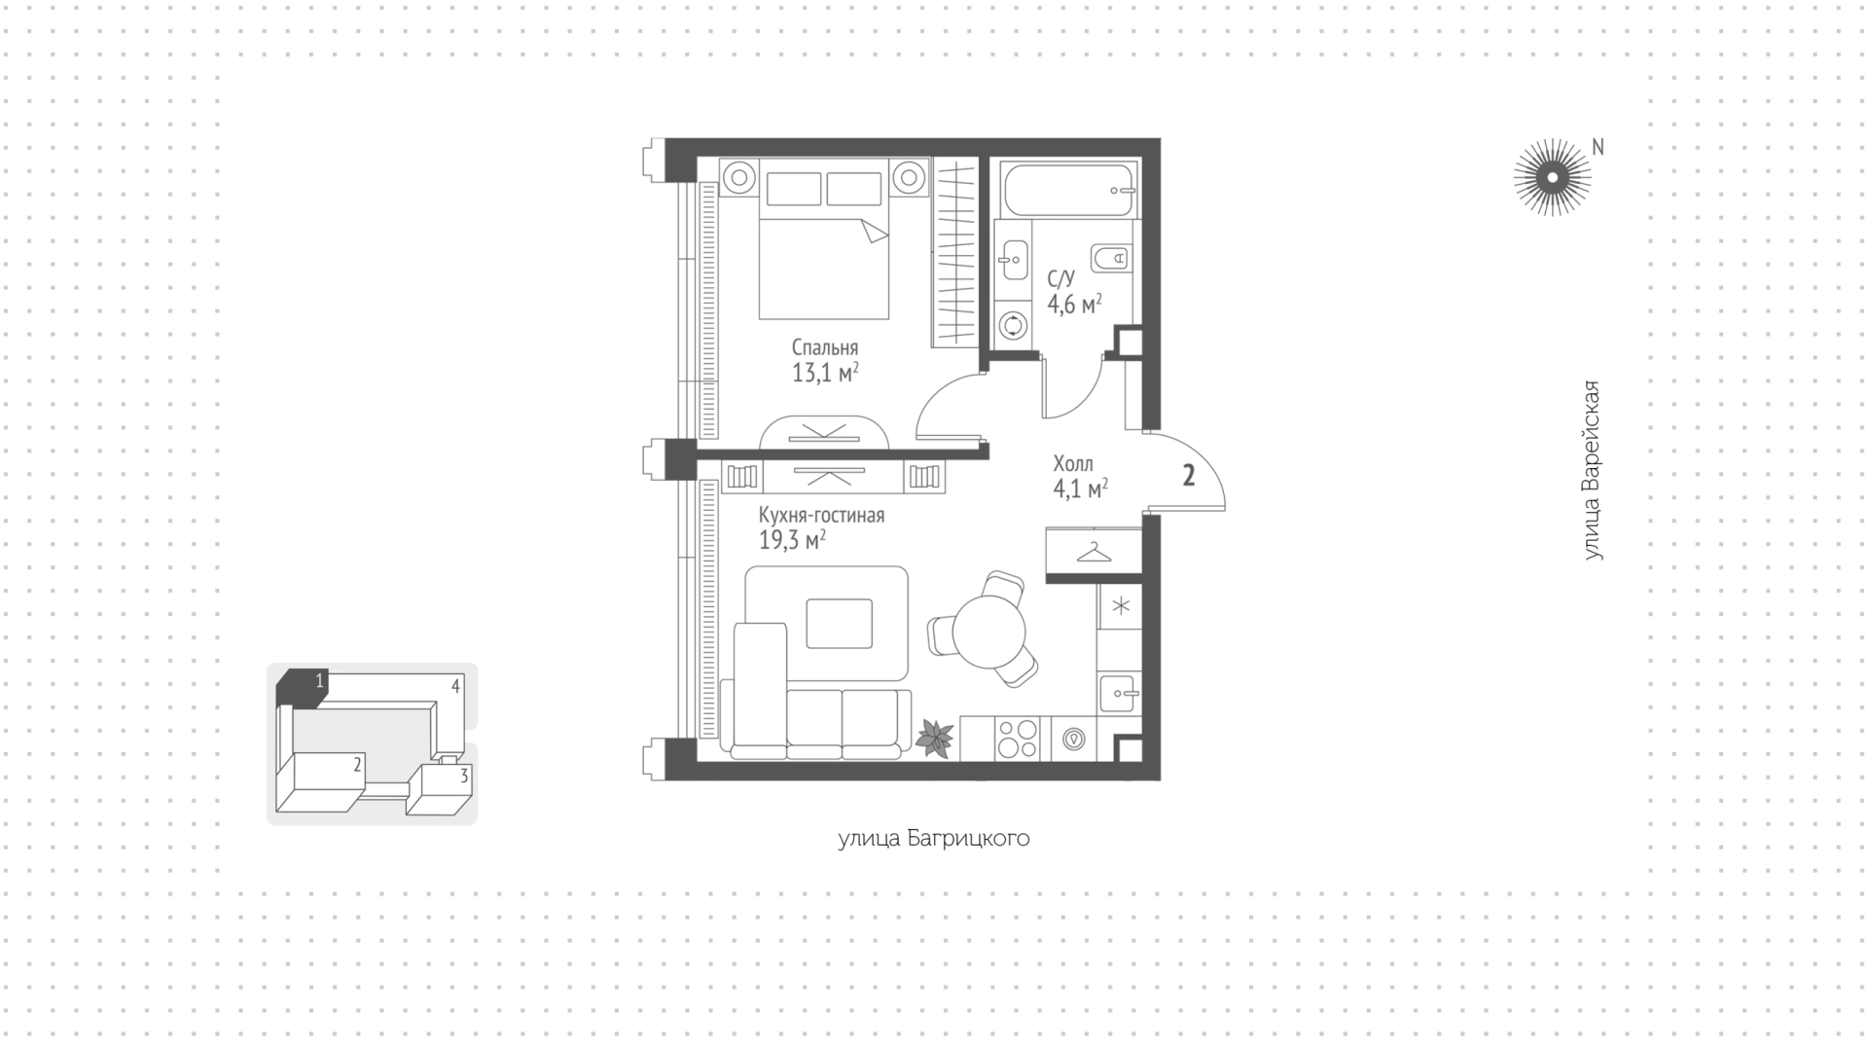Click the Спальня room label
(824, 347)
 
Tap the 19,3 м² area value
(792, 540)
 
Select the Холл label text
(1073, 464)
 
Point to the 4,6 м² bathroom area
(1074, 305)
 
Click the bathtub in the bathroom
(1068, 191)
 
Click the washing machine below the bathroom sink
(1013, 325)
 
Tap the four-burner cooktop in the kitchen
(1017, 738)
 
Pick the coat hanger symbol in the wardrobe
(1094, 552)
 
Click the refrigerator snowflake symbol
(1121, 606)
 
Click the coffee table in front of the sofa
(839, 624)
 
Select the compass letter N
(1598, 147)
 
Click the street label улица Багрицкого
(934, 838)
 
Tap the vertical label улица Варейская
(1592, 470)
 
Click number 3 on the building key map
(464, 776)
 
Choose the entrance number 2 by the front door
(1188, 476)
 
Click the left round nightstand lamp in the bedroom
(739, 178)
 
